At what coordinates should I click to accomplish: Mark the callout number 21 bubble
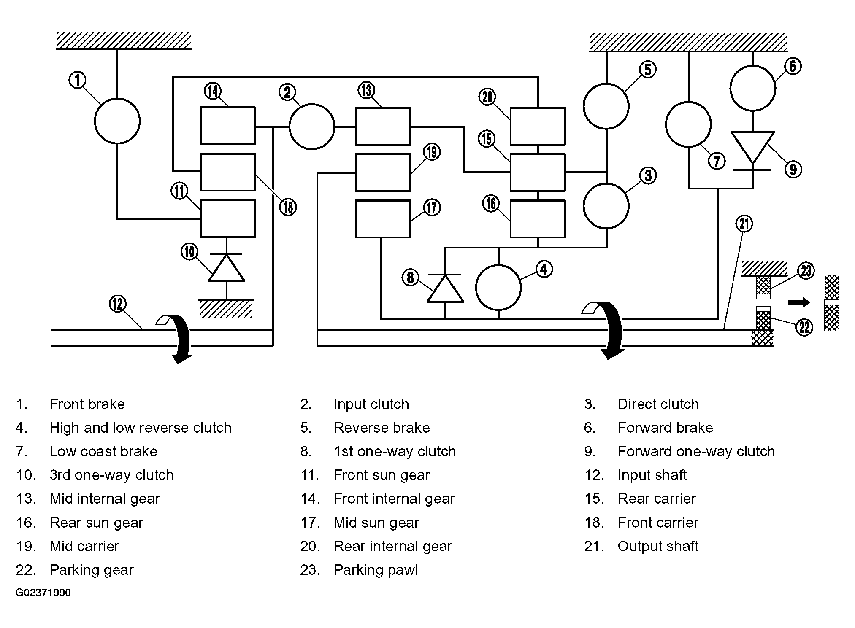[x=744, y=224]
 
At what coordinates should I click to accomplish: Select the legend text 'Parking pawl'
[x=376, y=570]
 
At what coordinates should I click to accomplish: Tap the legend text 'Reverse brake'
[x=382, y=428]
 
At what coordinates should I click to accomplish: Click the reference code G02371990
[x=43, y=593]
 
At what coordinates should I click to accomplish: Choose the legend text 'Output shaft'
[x=658, y=546]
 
